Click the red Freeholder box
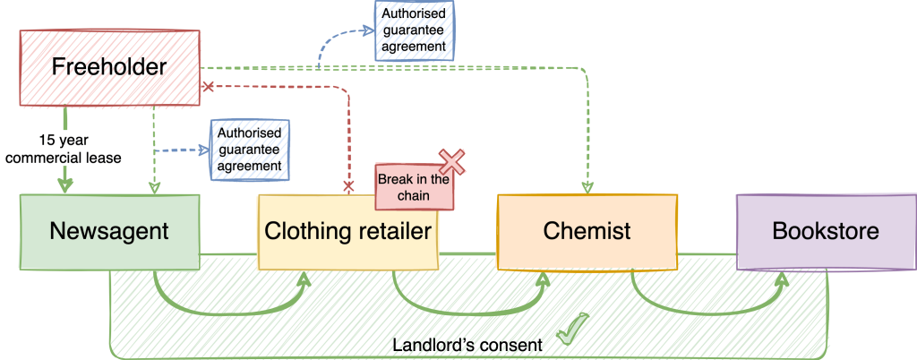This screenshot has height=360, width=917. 110,68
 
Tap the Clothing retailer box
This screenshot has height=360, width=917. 347,232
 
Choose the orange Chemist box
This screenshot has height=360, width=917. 587,231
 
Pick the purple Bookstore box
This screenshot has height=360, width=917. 825,232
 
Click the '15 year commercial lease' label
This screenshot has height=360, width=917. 63,150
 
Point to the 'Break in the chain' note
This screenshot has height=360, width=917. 413,186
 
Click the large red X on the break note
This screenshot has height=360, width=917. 453,161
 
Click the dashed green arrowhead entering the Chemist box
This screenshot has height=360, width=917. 588,187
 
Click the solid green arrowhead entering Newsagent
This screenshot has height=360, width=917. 65,185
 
